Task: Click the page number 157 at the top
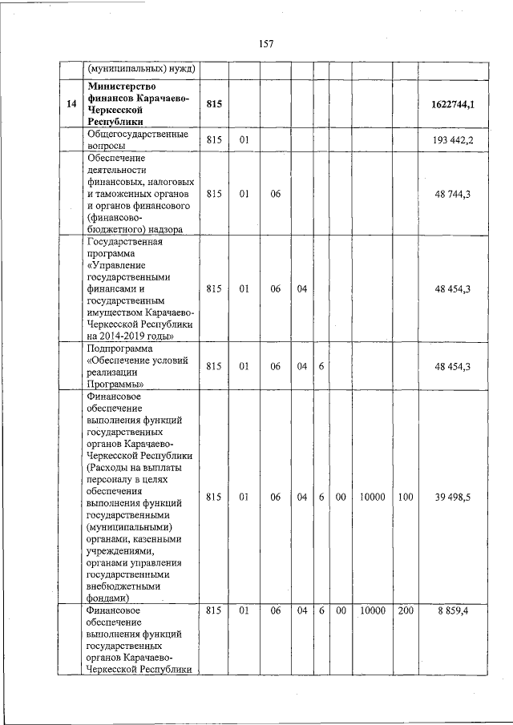click(266, 44)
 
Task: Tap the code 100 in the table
click(406, 497)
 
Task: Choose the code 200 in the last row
click(406, 610)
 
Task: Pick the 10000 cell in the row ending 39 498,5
click(372, 497)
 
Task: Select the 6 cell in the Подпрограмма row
click(321, 366)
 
